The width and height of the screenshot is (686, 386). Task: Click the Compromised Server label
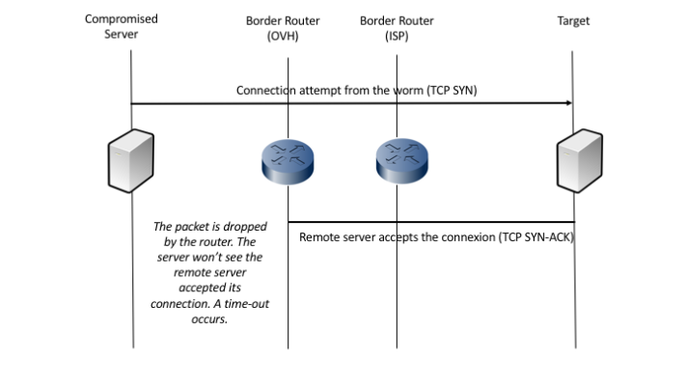(122, 27)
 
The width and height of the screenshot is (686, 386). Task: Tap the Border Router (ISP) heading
(397, 27)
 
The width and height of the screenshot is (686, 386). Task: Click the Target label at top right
(573, 19)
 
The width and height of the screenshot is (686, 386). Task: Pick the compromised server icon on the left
(131, 161)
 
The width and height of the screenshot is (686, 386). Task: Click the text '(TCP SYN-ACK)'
(536, 237)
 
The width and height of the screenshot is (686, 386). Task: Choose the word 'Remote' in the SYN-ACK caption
(319, 237)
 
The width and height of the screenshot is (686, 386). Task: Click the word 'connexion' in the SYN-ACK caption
(465, 237)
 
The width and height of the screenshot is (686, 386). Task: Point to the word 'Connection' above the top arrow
(268, 90)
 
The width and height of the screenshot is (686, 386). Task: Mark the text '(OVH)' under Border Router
(287, 36)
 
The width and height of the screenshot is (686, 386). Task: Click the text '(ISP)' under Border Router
(397, 36)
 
